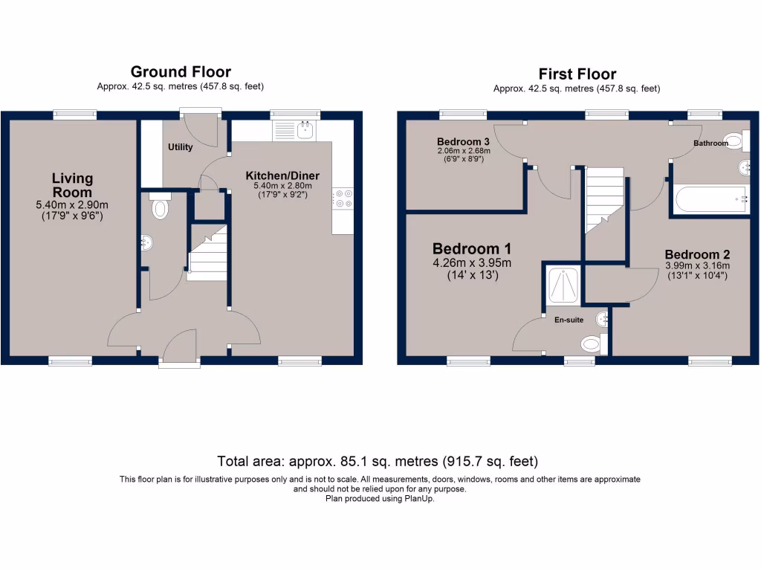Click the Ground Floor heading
click(x=181, y=72)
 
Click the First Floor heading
click(x=577, y=74)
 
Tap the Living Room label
click(x=73, y=185)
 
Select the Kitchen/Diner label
click(x=282, y=176)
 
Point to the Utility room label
click(x=180, y=147)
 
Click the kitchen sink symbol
click(x=304, y=132)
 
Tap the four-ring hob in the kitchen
click(x=343, y=199)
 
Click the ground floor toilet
click(x=160, y=209)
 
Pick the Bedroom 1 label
click(x=472, y=248)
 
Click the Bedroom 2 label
click(x=693, y=255)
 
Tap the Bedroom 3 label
click(x=463, y=142)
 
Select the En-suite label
click(x=569, y=320)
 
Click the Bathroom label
click(x=710, y=143)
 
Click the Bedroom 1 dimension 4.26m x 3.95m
click(x=472, y=262)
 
